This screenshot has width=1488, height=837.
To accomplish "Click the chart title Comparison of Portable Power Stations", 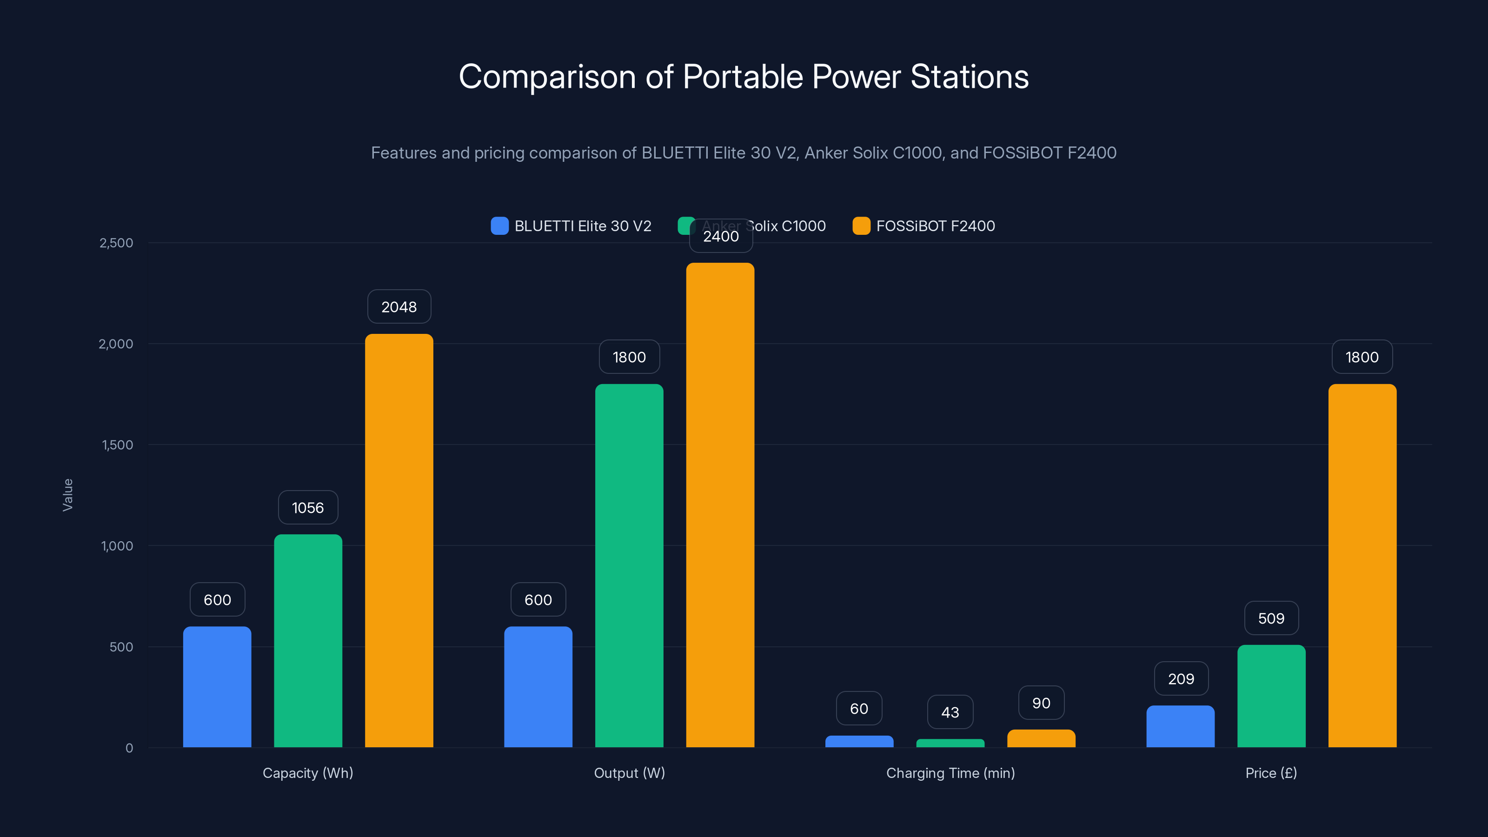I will click(x=744, y=77).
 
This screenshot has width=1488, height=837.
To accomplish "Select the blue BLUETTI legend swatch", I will click(x=499, y=226).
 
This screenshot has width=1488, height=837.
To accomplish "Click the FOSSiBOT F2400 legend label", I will click(x=935, y=226).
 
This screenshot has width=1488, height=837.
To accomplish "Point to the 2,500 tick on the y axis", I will click(x=116, y=243).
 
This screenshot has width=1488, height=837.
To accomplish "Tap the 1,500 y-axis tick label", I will click(x=117, y=445).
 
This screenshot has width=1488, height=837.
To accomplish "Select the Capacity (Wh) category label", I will click(x=308, y=773).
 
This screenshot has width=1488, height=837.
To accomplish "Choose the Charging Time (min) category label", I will click(x=950, y=773).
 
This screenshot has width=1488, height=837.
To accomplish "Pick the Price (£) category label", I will click(x=1271, y=773).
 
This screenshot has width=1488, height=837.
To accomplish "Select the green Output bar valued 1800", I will click(x=629, y=565).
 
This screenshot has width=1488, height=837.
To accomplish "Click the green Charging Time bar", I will click(x=950, y=744).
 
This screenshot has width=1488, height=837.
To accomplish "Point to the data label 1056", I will click(x=308, y=508).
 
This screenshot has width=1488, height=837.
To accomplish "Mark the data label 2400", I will click(x=721, y=236).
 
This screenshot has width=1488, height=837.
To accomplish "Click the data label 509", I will click(x=1271, y=618).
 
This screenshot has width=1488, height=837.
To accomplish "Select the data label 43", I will click(x=950, y=712).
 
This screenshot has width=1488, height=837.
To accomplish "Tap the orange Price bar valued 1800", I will click(x=1362, y=565).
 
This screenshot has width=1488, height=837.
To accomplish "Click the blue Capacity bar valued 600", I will click(x=217, y=687).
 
